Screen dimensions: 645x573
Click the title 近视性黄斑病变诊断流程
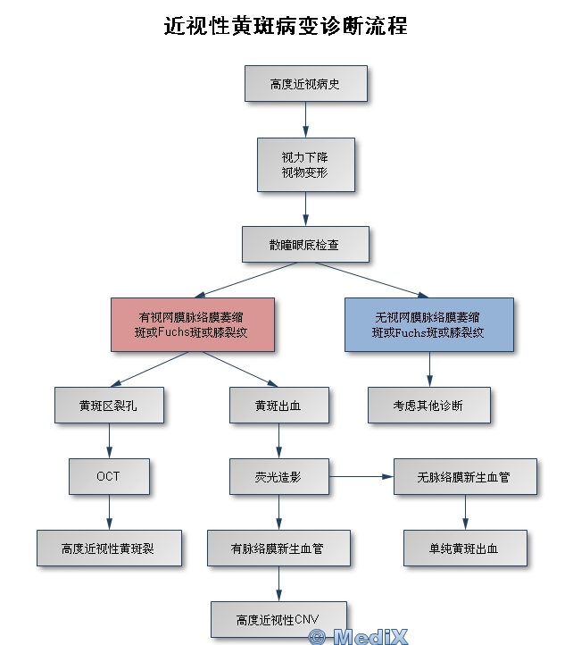pyautogui.click(x=286, y=26)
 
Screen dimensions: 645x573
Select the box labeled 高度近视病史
pyautogui.click(x=305, y=84)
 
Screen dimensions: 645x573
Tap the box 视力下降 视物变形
pyautogui.click(x=305, y=164)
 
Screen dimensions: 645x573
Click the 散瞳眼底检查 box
pyautogui.click(x=304, y=244)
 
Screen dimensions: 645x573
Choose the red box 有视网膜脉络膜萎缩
pyautogui.click(x=192, y=324)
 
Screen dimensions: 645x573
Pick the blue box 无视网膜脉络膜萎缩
pyautogui.click(x=428, y=324)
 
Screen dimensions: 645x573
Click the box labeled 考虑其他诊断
pyautogui.click(x=428, y=405)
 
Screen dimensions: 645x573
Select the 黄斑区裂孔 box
pyautogui.click(x=109, y=405)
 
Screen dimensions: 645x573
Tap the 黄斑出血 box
pyautogui.click(x=278, y=405)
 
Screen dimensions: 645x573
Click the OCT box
pyautogui.click(x=109, y=476)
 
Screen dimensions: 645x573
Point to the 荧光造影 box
pyautogui.click(x=278, y=477)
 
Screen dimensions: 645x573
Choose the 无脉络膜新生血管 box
pyautogui.click(x=464, y=477)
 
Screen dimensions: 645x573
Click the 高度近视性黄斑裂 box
pyautogui.click(x=109, y=548)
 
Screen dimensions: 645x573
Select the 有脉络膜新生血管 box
pyautogui.click(x=278, y=548)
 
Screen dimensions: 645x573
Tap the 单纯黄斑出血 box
pyautogui.click(x=464, y=548)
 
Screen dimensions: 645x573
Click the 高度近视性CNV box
pyautogui.click(x=278, y=619)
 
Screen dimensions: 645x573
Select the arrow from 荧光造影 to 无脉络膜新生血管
pyautogui.click(x=361, y=477)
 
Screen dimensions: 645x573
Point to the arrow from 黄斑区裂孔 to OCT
pyautogui.click(x=109, y=440)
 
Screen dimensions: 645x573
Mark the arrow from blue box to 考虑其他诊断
pyautogui.click(x=428, y=369)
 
